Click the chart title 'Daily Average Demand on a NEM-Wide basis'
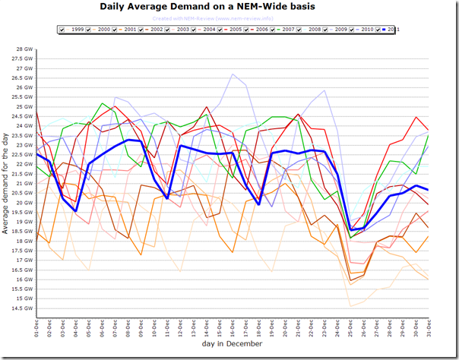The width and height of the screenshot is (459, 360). tap(229, 7)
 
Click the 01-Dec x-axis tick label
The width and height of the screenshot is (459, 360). tap(36, 327)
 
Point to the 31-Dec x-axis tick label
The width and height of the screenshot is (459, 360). tap(428, 327)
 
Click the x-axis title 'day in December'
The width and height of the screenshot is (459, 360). tap(232, 344)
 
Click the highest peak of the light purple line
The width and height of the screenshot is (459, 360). tap(233, 74)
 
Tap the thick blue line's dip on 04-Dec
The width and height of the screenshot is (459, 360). tap(76, 210)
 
